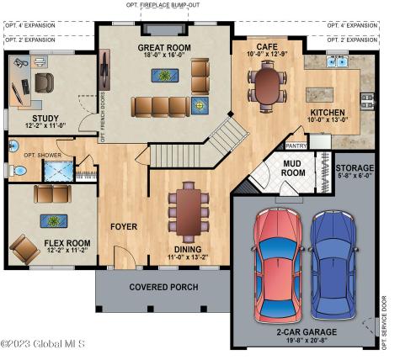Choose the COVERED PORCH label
(163, 288)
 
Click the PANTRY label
(296, 146)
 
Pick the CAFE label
(256, 49)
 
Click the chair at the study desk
(43, 82)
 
